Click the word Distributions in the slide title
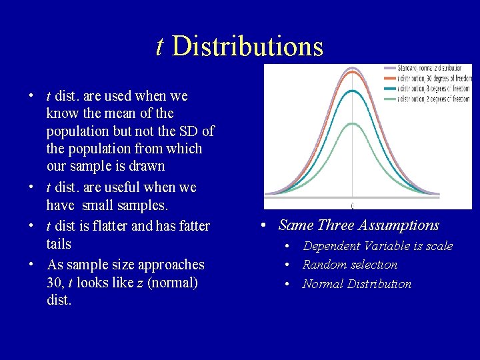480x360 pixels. pyautogui.click(x=247, y=47)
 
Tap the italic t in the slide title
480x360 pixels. pyautogui.click(x=159, y=47)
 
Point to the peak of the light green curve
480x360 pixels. pyautogui.click(x=352, y=124)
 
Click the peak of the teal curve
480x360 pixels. pyautogui.click(x=352, y=91)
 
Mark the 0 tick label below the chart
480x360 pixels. pyautogui.click(x=352, y=205)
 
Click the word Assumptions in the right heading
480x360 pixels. pyautogui.click(x=401, y=225)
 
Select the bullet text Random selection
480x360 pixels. pyautogui.click(x=350, y=265)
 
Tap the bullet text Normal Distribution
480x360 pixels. pyautogui.click(x=357, y=284)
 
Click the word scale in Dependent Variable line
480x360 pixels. pyautogui.click(x=439, y=246)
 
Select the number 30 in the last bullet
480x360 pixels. pyautogui.click(x=55, y=283)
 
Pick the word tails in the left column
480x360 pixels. pyautogui.click(x=59, y=244)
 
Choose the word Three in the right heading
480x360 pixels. pyautogui.click(x=338, y=225)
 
